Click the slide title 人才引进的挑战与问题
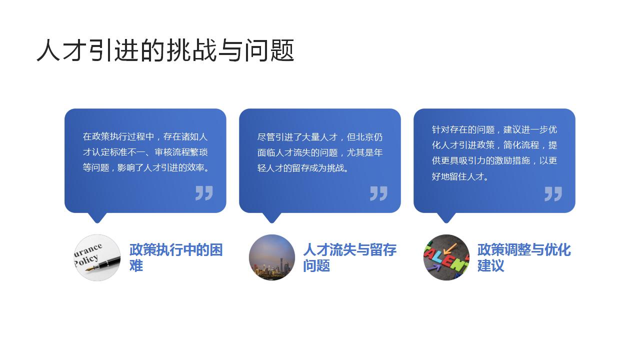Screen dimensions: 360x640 click(x=165, y=50)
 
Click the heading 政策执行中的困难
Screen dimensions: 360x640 click(x=175, y=257)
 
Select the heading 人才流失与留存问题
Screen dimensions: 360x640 click(x=349, y=257)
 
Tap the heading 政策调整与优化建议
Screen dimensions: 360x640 click(x=523, y=257)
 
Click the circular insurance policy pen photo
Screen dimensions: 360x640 click(x=97, y=257)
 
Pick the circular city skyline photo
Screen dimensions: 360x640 click(x=272, y=257)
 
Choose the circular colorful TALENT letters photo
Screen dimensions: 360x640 click(x=446, y=257)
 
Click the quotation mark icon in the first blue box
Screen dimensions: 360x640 click(x=204, y=193)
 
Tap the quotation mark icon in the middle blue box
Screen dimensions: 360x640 click(x=378, y=193)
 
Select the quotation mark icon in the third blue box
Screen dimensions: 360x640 click(x=553, y=193)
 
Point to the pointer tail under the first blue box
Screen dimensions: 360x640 click(x=97, y=217)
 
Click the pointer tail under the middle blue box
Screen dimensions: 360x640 click(x=272, y=217)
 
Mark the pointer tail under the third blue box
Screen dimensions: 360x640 click(x=446, y=217)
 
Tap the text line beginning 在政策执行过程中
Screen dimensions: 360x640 click(x=145, y=136)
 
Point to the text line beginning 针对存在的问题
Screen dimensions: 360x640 click(x=494, y=129)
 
